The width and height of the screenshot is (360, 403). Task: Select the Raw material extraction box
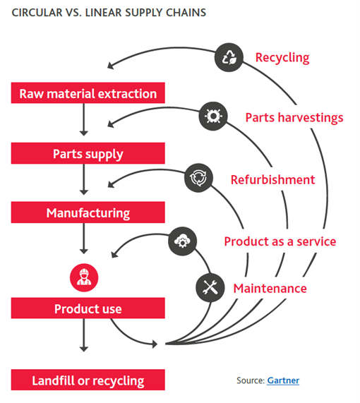pos(88,94)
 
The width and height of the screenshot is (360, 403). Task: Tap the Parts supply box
pos(88,153)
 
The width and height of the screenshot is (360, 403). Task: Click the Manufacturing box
pos(88,212)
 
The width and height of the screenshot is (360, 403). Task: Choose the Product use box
pos(88,308)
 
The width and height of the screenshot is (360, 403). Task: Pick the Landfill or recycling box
pos(88,380)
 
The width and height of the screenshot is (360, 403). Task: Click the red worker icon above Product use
pos(83,276)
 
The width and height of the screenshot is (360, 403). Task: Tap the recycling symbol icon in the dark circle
pos(229,57)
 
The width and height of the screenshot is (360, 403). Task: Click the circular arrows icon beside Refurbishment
pos(197,178)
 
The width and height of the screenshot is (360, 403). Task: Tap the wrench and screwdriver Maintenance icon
pos(209,287)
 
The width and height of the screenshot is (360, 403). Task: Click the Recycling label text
pos(282,57)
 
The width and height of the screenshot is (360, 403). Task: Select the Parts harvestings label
pos(294,117)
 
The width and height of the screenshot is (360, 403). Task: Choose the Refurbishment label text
pos(272,179)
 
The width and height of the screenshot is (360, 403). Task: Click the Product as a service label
pos(280,241)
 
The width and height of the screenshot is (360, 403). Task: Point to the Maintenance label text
pos(270,288)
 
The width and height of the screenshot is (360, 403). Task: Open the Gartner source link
pos(282,380)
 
